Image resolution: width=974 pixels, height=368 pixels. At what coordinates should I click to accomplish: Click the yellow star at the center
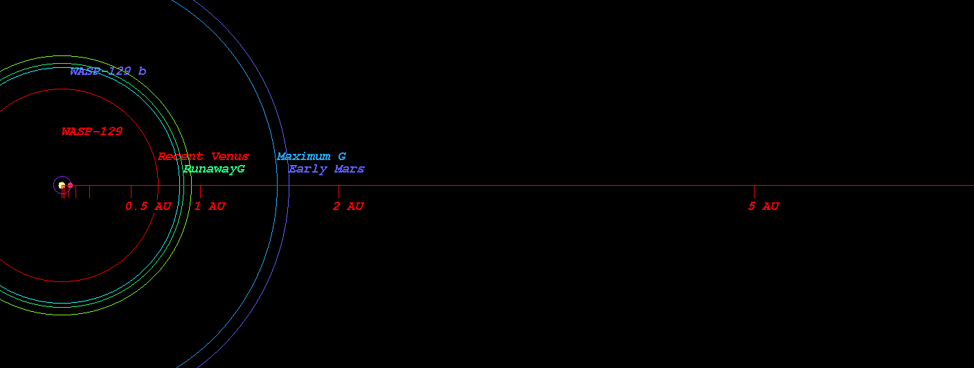click(x=62, y=185)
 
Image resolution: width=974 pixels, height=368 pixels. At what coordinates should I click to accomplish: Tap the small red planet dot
click(x=70, y=185)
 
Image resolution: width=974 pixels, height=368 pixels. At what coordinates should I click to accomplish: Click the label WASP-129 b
click(x=108, y=71)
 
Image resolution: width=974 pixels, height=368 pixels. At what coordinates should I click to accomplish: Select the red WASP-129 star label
click(x=92, y=131)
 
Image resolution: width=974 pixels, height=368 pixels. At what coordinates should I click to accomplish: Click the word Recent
click(x=181, y=157)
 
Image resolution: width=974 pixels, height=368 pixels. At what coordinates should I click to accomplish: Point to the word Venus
click(x=230, y=157)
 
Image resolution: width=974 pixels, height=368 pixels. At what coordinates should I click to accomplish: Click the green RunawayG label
click(x=214, y=169)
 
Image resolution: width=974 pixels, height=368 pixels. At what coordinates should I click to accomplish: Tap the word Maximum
click(x=304, y=157)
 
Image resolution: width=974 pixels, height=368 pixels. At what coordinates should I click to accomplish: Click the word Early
click(x=308, y=169)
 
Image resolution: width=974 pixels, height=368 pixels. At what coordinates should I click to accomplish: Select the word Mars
click(x=350, y=169)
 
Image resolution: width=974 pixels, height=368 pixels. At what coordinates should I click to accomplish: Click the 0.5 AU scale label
click(x=148, y=206)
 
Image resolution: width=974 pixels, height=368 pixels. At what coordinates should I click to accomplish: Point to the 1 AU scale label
click(x=210, y=206)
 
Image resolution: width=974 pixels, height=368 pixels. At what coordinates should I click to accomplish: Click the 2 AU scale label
click(x=348, y=206)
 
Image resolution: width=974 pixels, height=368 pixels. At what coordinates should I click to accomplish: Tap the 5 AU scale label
click(x=764, y=206)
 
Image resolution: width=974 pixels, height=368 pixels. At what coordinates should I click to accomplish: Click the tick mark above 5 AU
click(x=754, y=191)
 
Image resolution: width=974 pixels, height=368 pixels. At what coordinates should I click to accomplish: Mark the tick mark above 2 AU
click(x=339, y=191)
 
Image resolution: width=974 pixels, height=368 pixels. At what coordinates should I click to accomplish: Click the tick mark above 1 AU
click(x=200, y=191)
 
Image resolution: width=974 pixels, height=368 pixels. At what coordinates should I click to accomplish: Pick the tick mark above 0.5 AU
click(x=131, y=191)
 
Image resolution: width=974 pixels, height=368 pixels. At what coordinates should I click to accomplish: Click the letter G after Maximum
click(x=342, y=157)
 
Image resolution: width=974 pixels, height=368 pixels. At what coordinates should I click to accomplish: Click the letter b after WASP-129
click(x=142, y=71)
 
